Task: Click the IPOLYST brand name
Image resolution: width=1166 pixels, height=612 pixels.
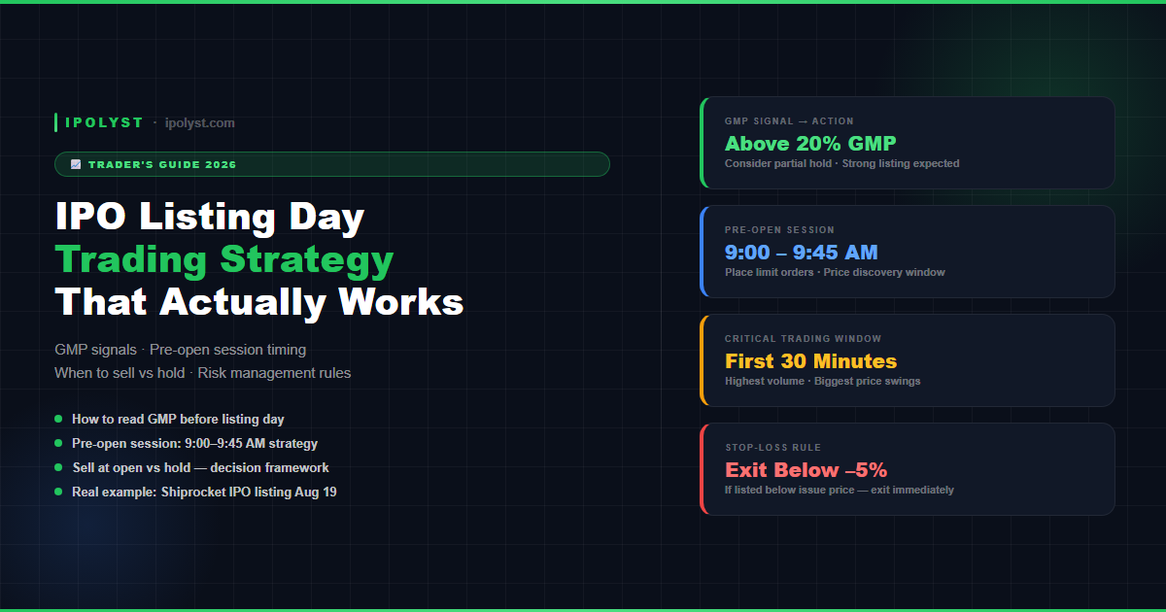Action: pos(104,122)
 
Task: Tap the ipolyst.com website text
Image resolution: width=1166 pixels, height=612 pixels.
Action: pos(200,123)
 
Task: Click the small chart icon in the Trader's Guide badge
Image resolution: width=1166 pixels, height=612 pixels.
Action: pos(76,164)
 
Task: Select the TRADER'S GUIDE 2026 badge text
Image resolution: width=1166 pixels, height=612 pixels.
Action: pos(162,164)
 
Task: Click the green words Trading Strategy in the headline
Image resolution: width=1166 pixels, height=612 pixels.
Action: pos(224,259)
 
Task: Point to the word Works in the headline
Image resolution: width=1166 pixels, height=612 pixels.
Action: pos(400,302)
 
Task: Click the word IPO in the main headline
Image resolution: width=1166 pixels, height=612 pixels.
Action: pos(90,216)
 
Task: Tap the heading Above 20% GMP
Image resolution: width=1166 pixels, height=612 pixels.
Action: pos(810,143)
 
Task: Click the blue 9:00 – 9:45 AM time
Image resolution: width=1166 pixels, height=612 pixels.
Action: pos(801,253)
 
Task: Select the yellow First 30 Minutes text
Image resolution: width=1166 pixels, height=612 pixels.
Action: pos(811,361)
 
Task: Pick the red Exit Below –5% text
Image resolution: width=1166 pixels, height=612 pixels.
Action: pos(806,470)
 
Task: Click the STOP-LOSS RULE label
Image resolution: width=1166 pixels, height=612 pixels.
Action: pos(773,448)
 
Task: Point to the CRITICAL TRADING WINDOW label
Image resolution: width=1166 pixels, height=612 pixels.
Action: pos(804,339)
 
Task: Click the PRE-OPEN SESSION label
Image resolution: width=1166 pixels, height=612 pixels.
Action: pos(779,230)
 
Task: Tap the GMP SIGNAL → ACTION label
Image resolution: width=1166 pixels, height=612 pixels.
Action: pos(789,121)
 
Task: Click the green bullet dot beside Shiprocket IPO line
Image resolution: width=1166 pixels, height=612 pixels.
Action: pos(58,492)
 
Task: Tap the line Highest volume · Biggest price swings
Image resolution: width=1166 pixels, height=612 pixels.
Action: pos(822,382)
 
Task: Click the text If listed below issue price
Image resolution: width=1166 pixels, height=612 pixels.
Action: pos(790,491)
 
